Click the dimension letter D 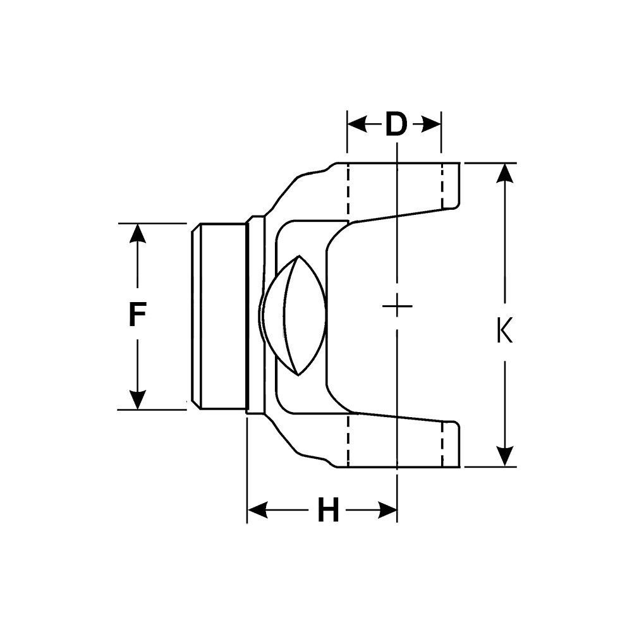click(396, 125)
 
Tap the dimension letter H click(328, 511)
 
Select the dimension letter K click(504, 331)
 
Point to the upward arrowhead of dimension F click(137, 233)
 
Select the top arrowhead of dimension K click(504, 173)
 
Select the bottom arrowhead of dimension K click(504, 457)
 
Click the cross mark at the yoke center click(397, 307)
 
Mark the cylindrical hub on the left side click(218, 316)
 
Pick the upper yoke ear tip click(451, 185)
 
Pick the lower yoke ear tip click(451, 444)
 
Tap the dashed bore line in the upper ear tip click(443, 186)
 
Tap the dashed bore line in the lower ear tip click(442, 444)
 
